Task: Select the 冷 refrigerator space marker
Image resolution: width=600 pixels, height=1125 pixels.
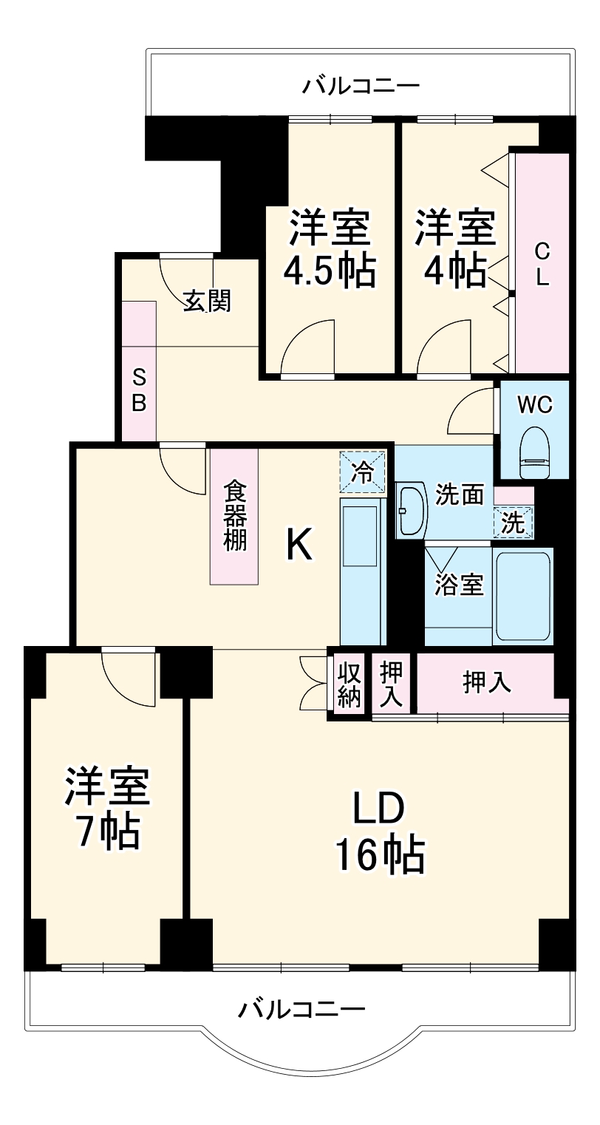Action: pyautogui.click(x=363, y=471)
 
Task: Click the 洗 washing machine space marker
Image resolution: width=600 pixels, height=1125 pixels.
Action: pyautogui.click(x=514, y=523)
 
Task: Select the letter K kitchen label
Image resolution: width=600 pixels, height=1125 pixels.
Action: pyautogui.click(x=299, y=546)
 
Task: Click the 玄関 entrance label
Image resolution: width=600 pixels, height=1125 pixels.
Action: pyautogui.click(x=207, y=300)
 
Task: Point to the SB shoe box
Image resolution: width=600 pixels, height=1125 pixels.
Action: pyautogui.click(x=140, y=390)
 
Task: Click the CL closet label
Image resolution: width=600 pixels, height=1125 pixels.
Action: pyautogui.click(x=542, y=265)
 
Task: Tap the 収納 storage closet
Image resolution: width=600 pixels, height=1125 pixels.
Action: pyautogui.click(x=350, y=684)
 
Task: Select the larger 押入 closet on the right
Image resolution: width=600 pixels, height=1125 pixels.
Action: pyautogui.click(x=487, y=682)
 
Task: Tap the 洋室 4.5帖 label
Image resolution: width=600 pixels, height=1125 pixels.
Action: pyautogui.click(x=329, y=248)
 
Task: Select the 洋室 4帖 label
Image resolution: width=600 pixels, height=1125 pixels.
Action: pyautogui.click(x=454, y=248)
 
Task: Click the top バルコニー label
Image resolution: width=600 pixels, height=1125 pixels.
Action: pyautogui.click(x=361, y=86)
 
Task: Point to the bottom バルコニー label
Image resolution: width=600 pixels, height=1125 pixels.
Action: pyautogui.click(x=301, y=1008)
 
